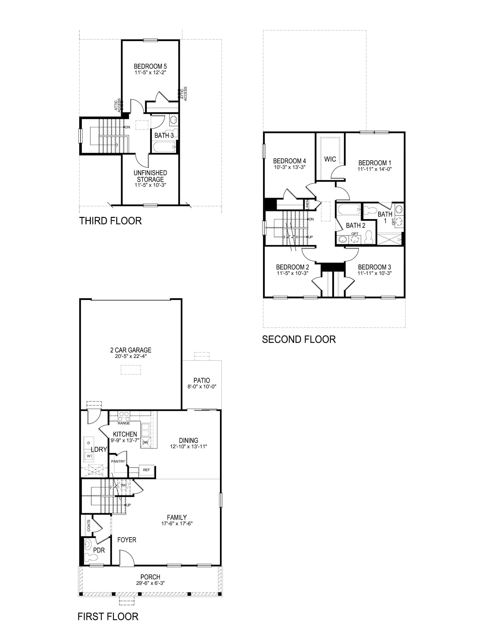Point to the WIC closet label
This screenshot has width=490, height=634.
pyautogui.click(x=330, y=159)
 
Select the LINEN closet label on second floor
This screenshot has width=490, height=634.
pyautogui.click(x=307, y=204)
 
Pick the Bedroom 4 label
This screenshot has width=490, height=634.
pyautogui.click(x=289, y=161)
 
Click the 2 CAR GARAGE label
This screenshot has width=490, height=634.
pyautogui.click(x=131, y=350)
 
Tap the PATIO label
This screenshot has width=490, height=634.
pyautogui.click(x=202, y=380)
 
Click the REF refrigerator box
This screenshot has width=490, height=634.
pyautogui.click(x=146, y=470)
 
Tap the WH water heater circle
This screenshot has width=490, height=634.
pyautogui.click(x=124, y=485)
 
